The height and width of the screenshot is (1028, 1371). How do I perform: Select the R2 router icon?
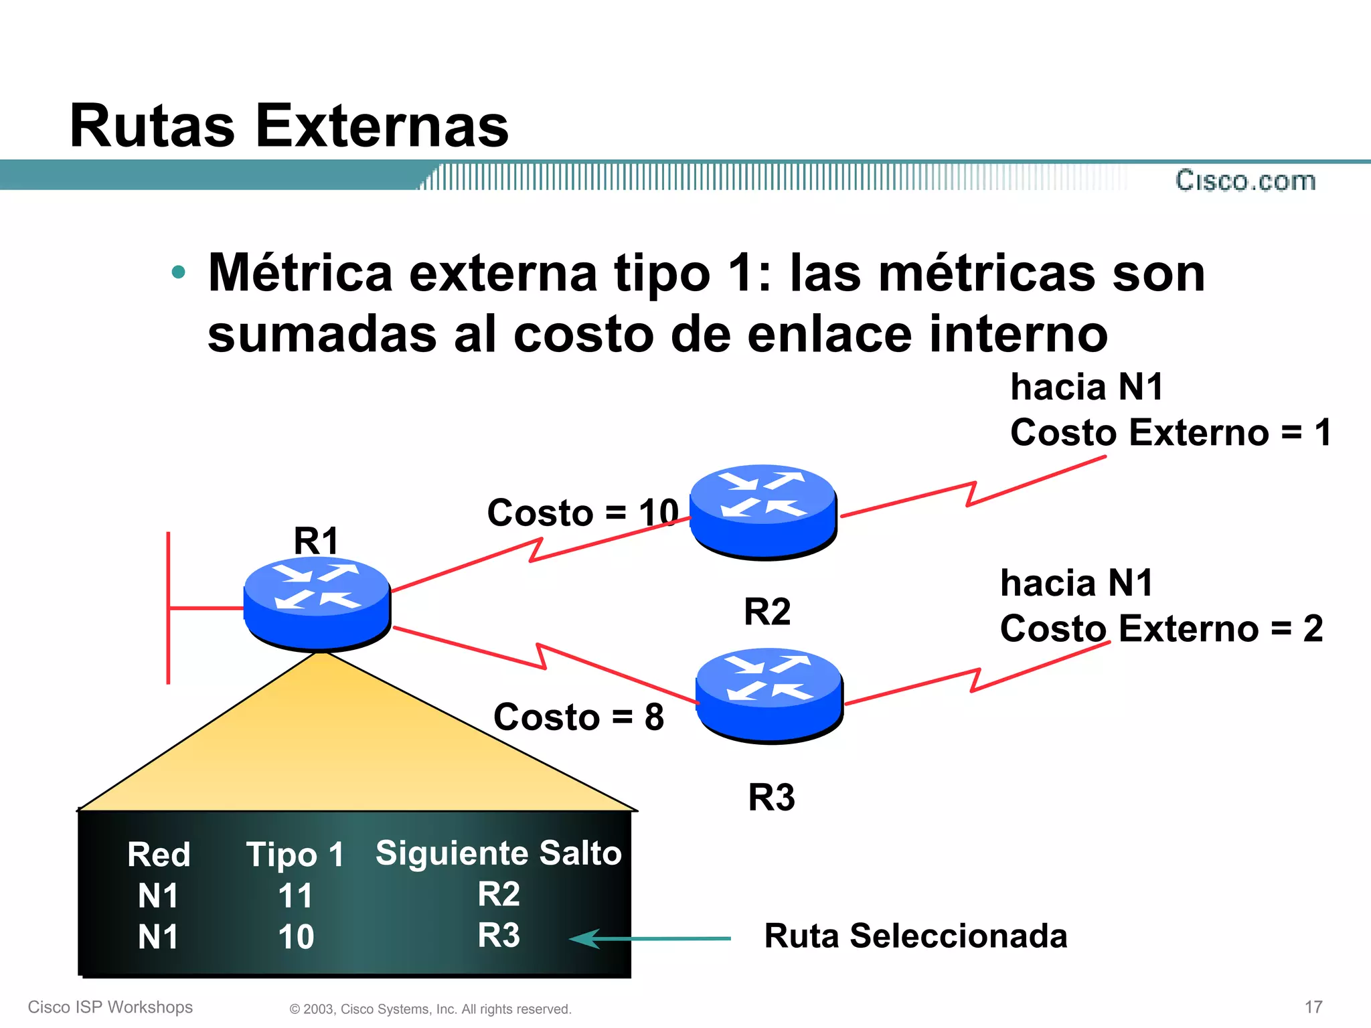[763, 511]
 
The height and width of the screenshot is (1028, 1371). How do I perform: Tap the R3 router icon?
[769, 695]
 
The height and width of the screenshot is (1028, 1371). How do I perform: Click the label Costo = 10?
[582, 513]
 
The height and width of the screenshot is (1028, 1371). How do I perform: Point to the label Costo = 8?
[578, 717]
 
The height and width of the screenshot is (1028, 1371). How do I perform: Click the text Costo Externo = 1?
[1170, 432]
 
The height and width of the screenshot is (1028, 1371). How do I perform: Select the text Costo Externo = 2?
[1161, 628]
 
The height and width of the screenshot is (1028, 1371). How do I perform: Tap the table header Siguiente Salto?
[498, 853]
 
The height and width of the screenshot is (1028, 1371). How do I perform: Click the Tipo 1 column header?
[295, 855]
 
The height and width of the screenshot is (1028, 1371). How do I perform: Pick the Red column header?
[159, 855]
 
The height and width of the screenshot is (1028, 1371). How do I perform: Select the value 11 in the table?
[295, 895]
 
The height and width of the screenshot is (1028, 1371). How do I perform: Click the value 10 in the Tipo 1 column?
[296, 936]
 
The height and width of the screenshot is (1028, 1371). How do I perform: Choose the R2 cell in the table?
[499, 894]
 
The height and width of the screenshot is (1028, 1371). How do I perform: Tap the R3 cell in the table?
[499, 935]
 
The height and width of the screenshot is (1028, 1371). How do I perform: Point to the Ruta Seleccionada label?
[915, 936]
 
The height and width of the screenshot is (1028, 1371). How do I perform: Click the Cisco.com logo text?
[1245, 181]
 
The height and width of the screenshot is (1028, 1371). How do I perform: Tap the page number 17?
[1313, 1007]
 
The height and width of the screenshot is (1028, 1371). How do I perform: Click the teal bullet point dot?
[178, 272]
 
